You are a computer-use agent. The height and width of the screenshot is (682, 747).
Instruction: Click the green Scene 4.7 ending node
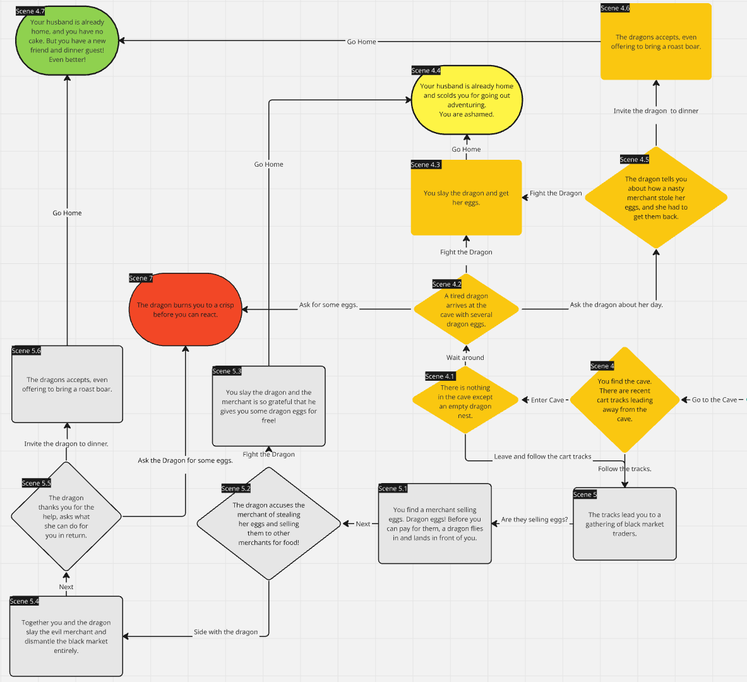click(x=67, y=40)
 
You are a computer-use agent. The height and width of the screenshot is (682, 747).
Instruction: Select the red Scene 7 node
click(x=185, y=309)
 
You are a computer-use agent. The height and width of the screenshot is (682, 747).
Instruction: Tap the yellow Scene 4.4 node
click(x=467, y=100)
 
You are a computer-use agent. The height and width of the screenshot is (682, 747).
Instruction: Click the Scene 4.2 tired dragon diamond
click(x=467, y=309)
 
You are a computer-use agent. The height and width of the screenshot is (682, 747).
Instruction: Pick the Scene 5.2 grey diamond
click(x=269, y=523)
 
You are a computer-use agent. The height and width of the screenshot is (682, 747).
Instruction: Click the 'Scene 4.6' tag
click(x=615, y=8)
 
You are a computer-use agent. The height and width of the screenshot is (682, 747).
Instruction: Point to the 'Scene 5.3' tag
click(x=227, y=371)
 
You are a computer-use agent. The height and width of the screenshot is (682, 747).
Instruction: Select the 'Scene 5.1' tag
click(x=393, y=489)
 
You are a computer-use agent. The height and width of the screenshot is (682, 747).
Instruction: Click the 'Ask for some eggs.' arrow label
click(x=328, y=305)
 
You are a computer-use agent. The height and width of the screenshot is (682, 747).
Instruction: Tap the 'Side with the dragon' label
click(x=226, y=632)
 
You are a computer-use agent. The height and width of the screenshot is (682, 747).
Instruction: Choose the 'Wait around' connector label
click(x=465, y=357)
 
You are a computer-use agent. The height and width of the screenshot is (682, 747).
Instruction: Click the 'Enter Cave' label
click(x=547, y=400)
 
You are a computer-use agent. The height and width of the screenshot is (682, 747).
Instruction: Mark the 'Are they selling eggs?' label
click(x=535, y=520)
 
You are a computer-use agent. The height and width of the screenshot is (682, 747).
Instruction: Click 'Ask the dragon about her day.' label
click(x=616, y=305)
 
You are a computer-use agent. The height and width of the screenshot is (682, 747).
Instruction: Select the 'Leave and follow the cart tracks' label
click(x=542, y=457)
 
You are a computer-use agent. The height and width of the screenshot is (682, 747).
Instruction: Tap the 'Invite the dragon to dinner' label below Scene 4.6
click(x=656, y=111)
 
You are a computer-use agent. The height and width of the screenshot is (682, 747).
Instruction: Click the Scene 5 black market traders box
click(x=624, y=523)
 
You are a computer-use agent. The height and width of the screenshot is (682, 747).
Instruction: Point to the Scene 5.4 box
click(x=66, y=637)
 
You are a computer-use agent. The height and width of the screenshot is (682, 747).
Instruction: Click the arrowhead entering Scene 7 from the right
click(x=245, y=309)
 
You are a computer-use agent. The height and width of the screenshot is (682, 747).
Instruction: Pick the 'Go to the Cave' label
click(x=714, y=400)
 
